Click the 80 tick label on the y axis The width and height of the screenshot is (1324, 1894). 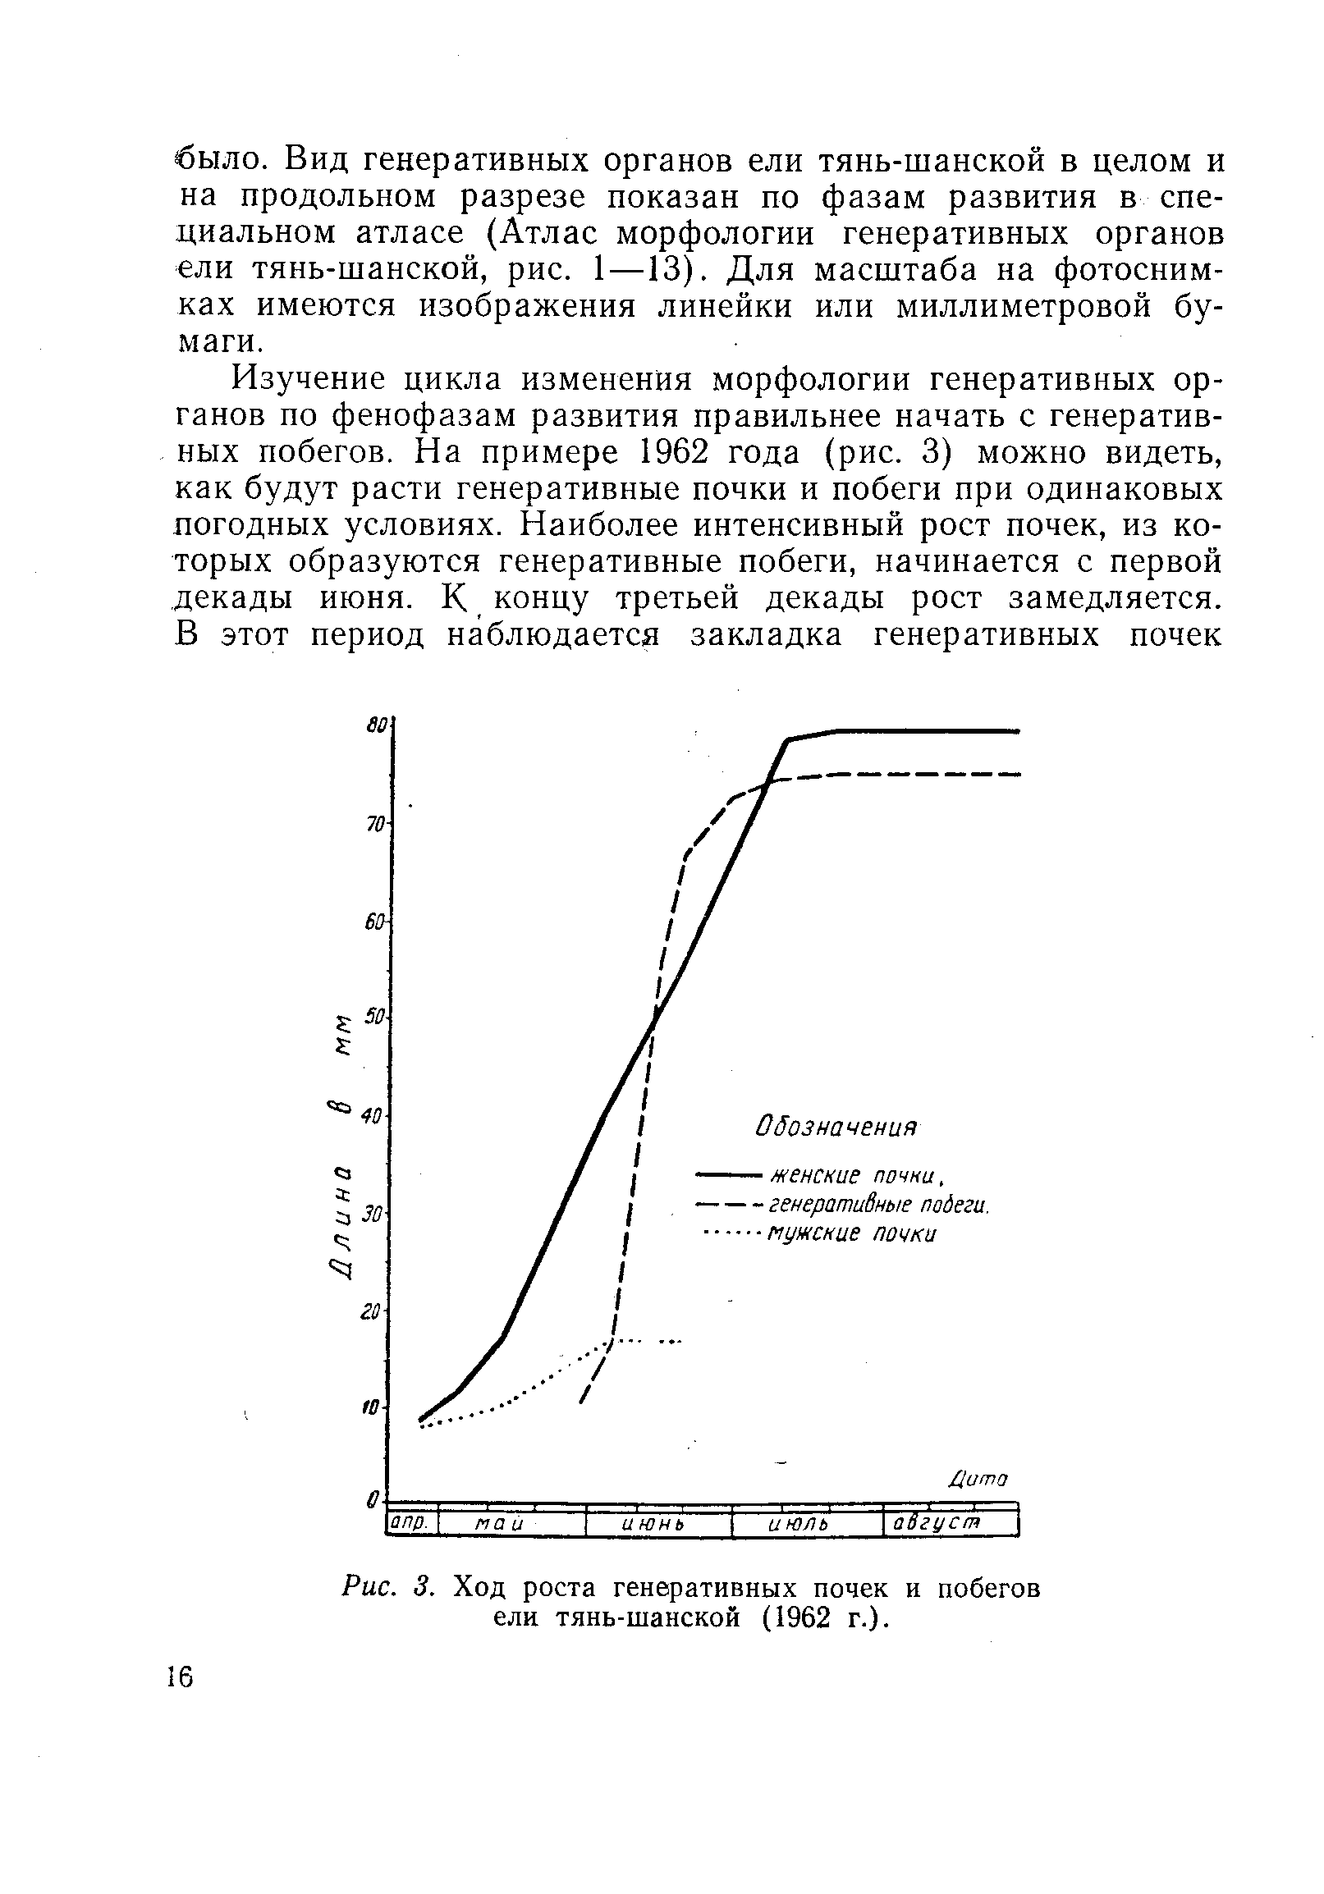pos(377,725)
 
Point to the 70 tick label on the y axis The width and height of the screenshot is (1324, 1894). pos(377,824)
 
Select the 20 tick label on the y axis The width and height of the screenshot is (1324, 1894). pos(372,1311)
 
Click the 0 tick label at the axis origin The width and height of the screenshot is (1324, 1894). pos(373,1497)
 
